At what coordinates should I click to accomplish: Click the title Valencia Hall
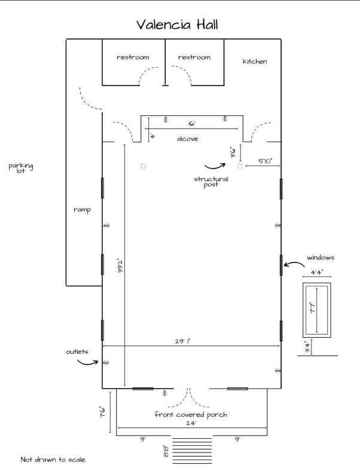click(177, 25)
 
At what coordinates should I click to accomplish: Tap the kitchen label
click(255, 62)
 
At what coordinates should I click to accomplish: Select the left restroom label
click(133, 57)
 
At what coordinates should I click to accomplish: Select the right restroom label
click(194, 57)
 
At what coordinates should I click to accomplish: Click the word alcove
click(188, 139)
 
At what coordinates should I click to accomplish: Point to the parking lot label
click(21, 168)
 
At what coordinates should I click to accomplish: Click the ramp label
click(83, 210)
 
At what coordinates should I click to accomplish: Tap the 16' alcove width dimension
click(192, 124)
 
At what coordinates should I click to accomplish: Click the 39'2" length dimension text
click(120, 265)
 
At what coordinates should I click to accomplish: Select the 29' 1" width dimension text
click(183, 341)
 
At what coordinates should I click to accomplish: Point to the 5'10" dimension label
click(266, 161)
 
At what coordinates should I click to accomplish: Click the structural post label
click(211, 182)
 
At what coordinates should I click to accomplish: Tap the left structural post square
click(144, 166)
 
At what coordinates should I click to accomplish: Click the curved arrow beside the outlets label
click(87, 363)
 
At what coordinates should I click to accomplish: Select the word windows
click(321, 258)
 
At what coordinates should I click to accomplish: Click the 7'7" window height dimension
click(313, 308)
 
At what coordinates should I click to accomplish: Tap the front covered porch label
click(191, 415)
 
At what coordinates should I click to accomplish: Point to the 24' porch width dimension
click(191, 423)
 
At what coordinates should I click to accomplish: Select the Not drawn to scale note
click(53, 459)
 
